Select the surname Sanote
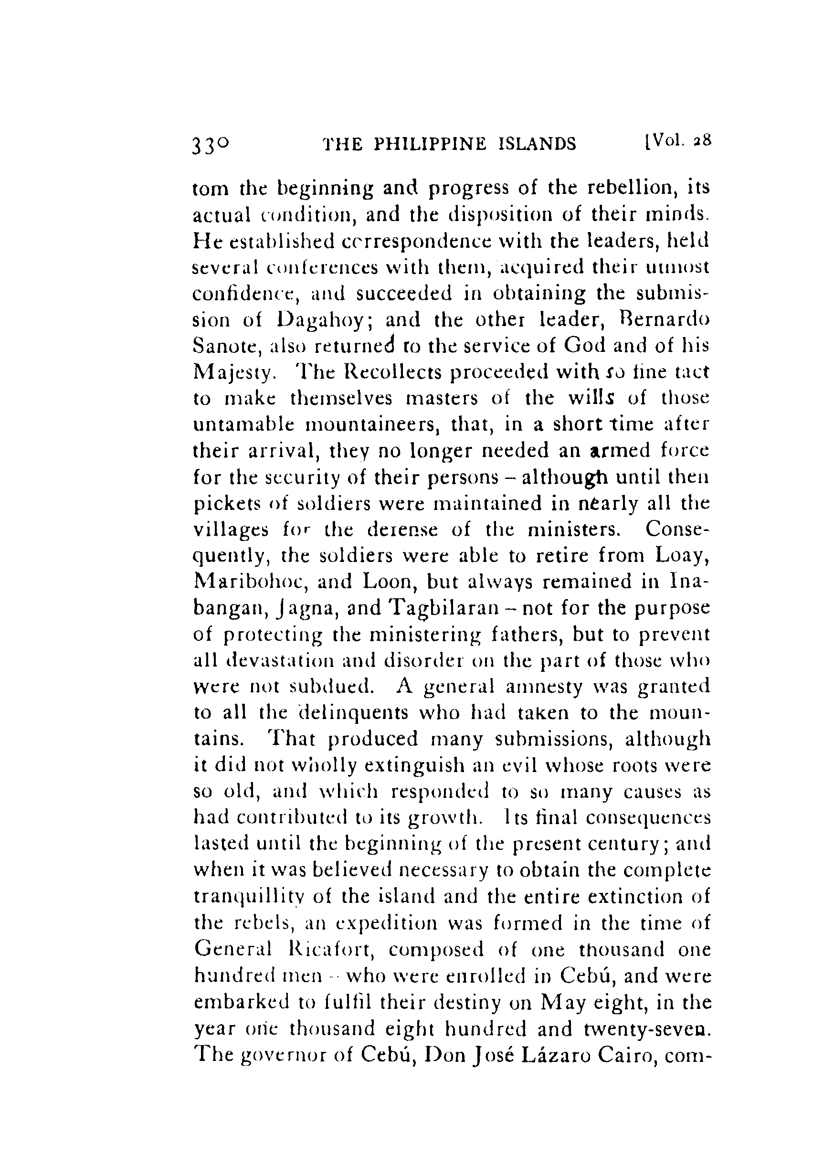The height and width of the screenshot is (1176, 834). tap(223, 347)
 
